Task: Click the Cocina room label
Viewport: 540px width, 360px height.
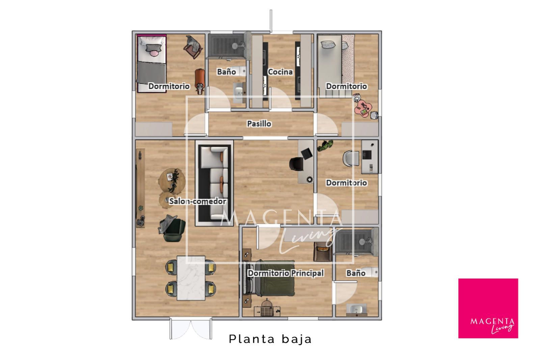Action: tap(280, 72)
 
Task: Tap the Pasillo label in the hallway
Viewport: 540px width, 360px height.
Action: tap(259, 123)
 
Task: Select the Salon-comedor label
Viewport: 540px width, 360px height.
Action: tap(197, 201)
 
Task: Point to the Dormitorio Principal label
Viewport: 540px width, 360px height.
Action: tap(286, 273)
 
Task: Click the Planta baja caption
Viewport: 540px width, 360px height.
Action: tap(270, 339)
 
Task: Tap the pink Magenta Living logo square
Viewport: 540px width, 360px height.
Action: tap(488, 308)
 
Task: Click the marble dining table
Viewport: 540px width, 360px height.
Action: tap(191, 278)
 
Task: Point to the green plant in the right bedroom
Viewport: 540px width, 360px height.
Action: tap(325, 145)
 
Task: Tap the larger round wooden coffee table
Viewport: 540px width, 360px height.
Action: tap(172, 181)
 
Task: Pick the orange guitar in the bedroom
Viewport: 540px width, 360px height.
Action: tap(200, 81)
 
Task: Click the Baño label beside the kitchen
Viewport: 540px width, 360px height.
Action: tap(226, 72)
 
